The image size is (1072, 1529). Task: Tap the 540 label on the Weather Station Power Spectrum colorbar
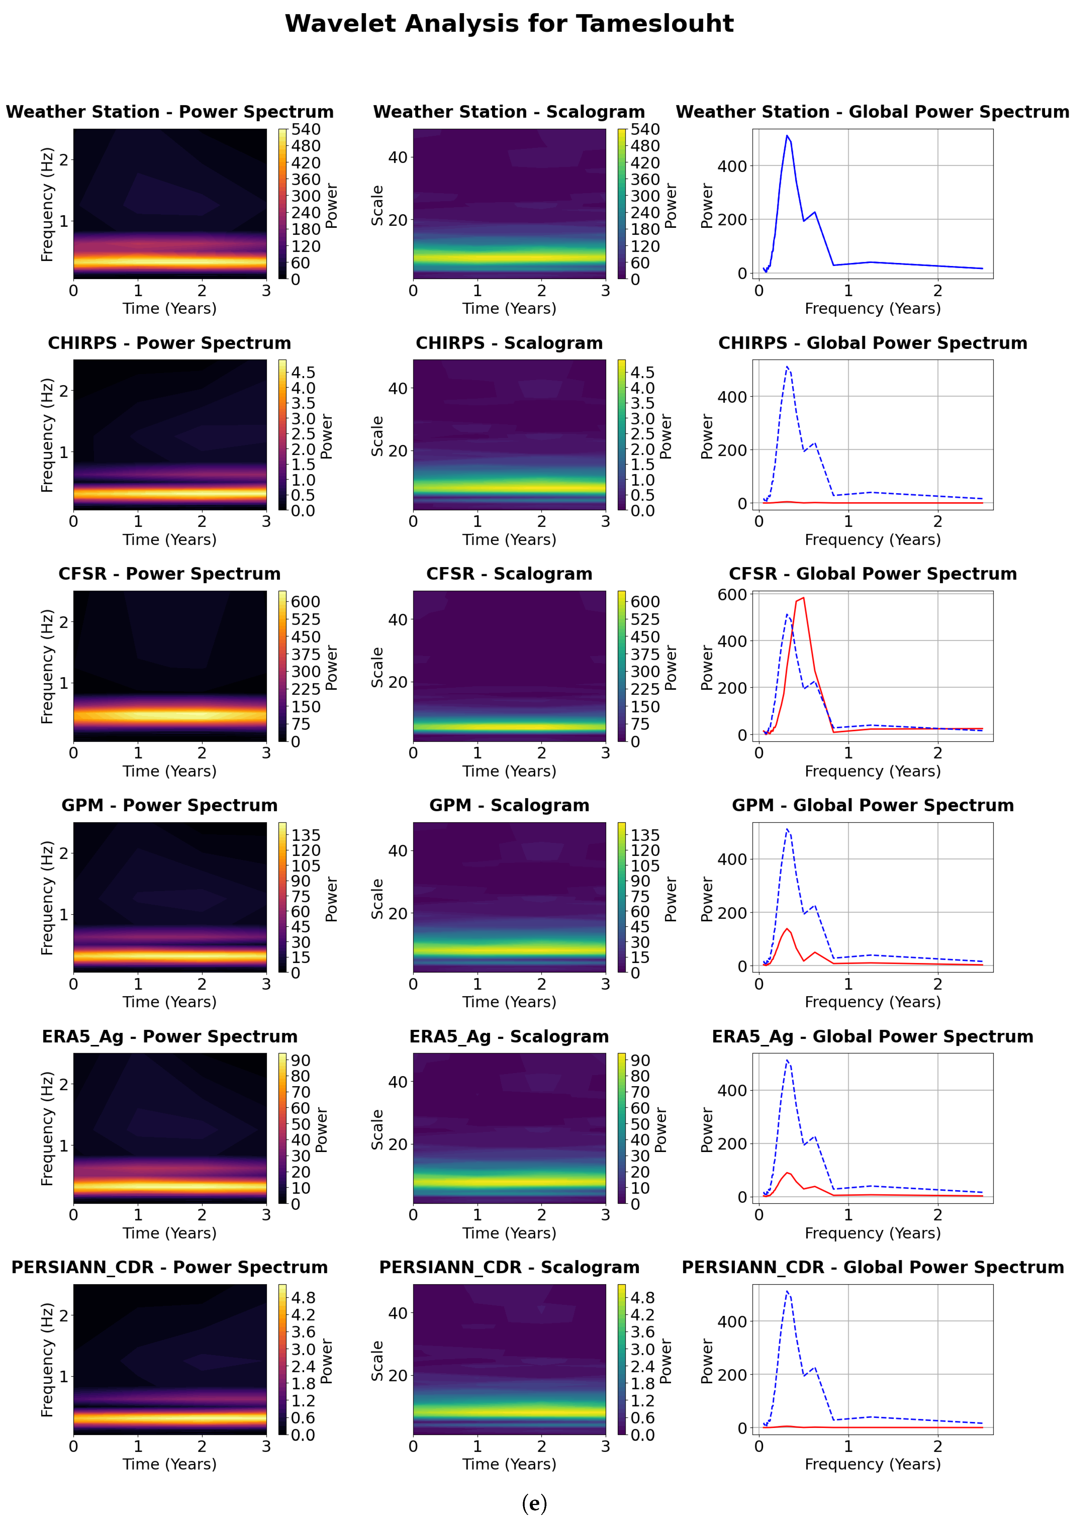306,129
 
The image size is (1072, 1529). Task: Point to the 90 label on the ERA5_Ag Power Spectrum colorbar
300,1060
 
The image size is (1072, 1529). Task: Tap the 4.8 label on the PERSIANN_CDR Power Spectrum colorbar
303,1297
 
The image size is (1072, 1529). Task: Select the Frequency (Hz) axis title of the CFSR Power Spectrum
47,666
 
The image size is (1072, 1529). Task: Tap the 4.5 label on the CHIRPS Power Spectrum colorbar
303,372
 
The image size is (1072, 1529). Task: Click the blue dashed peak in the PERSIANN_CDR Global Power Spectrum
787,1292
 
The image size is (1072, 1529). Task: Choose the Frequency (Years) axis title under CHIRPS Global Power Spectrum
872,539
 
